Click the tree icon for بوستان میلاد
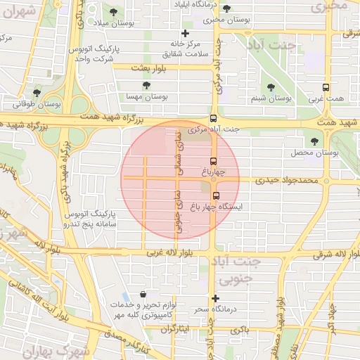click(x=113, y=12)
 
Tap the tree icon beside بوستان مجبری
click(x=226, y=9)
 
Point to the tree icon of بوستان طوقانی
click(x=37, y=93)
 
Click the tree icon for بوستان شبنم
click(x=271, y=88)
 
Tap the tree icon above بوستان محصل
click(x=314, y=141)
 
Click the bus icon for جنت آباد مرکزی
click(x=214, y=119)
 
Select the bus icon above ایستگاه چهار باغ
click(x=215, y=196)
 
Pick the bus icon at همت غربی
click(x=325, y=88)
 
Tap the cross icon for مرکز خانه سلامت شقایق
click(x=185, y=33)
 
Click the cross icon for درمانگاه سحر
click(x=215, y=298)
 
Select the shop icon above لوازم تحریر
click(x=143, y=295)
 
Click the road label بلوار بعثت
click(x=146, y=67)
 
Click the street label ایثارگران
click(x=179, y=329)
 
